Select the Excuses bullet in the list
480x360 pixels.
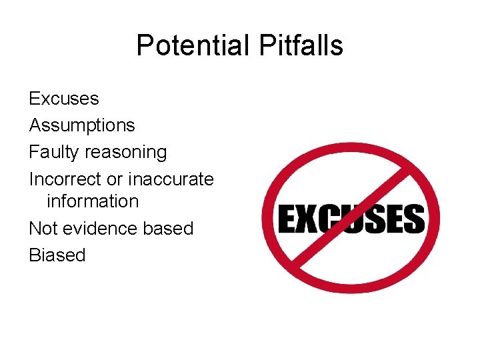[63, 99]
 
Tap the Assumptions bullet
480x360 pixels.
[81, 125]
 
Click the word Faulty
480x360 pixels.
[54, 152]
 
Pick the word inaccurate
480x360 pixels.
[171, 179]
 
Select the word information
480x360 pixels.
[92, 201]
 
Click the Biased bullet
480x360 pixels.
[57, 255]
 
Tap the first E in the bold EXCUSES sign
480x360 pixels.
[287, 219]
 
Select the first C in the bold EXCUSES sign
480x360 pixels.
[331, 219]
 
